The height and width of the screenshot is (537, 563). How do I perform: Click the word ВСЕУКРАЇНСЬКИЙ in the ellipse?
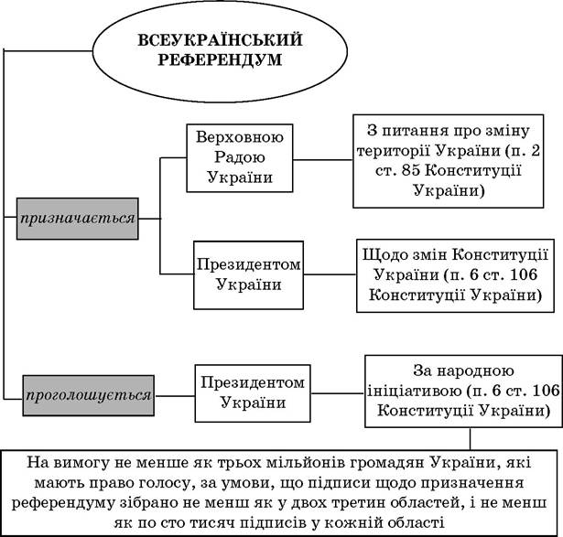(x=220, y=39)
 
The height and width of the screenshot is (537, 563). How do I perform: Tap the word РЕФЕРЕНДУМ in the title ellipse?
(x=220, y=59)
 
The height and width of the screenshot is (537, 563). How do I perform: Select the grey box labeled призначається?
(x=78, y=219)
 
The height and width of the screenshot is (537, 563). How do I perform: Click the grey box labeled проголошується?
(x=88, y=395)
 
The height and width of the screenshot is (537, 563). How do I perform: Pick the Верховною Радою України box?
(x=240, y=158)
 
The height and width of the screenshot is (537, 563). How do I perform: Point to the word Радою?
(x=240, y=157)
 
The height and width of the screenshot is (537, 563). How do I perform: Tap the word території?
(x=393, y=151)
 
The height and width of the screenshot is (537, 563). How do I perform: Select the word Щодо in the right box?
(x=382, y=255)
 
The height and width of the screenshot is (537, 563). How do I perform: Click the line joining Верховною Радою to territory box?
(x=323, y=159)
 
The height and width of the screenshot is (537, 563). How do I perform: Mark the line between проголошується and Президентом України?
(x=175, y=396)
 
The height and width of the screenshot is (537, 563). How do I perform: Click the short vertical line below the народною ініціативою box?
(x=470, y=438)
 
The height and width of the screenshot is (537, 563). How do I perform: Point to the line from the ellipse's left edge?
(x=49, y=51)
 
